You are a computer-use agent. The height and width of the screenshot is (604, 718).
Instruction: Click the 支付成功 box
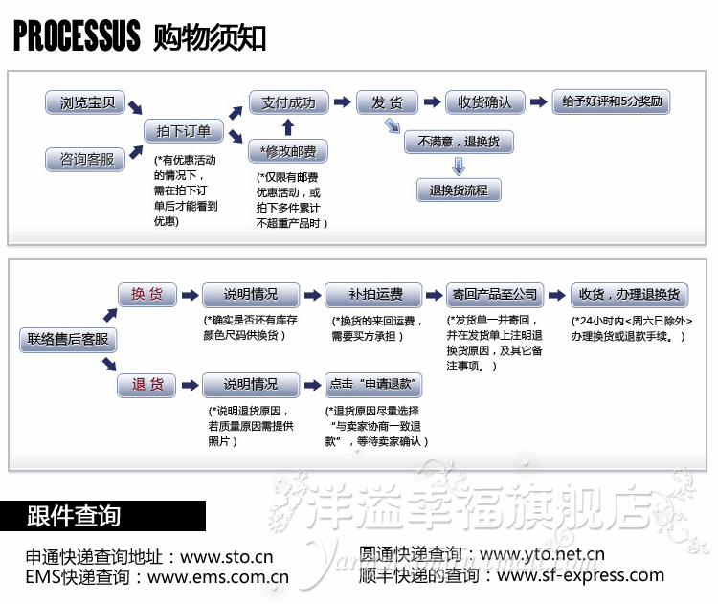coord(288,101)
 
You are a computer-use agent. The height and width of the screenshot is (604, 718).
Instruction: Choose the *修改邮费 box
coord(288,152)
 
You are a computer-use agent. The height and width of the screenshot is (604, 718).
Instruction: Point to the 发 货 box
coord(387,101)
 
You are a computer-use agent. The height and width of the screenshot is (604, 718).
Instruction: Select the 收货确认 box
coord(484,101)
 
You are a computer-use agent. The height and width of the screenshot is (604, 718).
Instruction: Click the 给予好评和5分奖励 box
coord(612,101)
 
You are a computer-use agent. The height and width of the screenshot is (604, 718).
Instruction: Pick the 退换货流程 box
coord(459,190)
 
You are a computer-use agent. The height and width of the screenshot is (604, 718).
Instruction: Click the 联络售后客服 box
coord(67,339)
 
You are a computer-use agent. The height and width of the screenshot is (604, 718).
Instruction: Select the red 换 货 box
coord(146,294)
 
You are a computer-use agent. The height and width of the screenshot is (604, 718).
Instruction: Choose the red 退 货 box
coord(146,385)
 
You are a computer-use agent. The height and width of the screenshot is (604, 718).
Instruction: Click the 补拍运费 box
coord(374,294)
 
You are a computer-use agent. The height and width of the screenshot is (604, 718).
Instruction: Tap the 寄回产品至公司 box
coord(495,294)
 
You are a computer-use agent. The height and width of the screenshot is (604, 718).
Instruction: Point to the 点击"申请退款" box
coord(374,385)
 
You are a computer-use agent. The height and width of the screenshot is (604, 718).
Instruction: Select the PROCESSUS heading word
coord(77,36)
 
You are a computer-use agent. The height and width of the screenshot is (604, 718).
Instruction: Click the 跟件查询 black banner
coord(102,516)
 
